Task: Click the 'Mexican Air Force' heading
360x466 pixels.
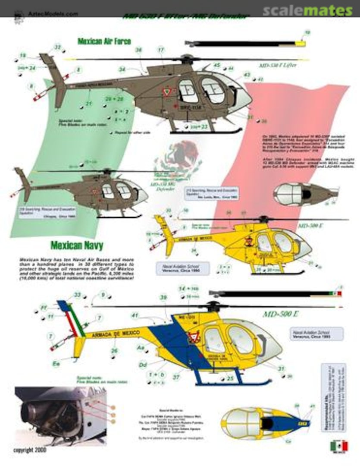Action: click(104, 41)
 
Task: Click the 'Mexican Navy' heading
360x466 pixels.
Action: click(77, 246)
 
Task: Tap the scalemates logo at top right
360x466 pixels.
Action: click(308, 10)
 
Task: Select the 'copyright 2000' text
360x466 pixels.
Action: click(30, 450)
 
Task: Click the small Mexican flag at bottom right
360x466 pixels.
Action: click(339, 446)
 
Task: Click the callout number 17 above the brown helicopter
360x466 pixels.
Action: click(161, 50)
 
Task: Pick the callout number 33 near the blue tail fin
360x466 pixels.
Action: click(78, 295)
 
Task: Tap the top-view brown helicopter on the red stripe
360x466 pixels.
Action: click(304, 194)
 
